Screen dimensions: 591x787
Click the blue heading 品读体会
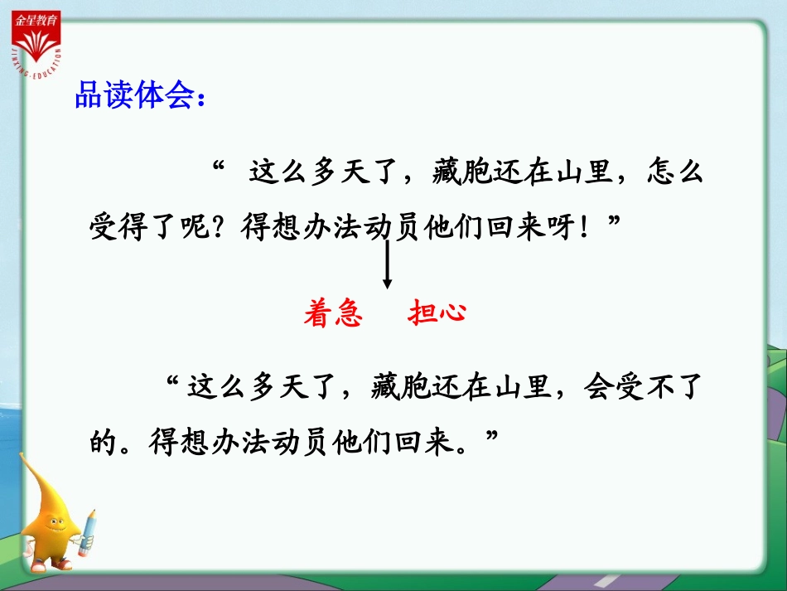click(137, 96)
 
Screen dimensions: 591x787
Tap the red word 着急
click(333, 314)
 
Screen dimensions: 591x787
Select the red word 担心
click(437, 313)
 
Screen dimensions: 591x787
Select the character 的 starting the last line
click(105, 441)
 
